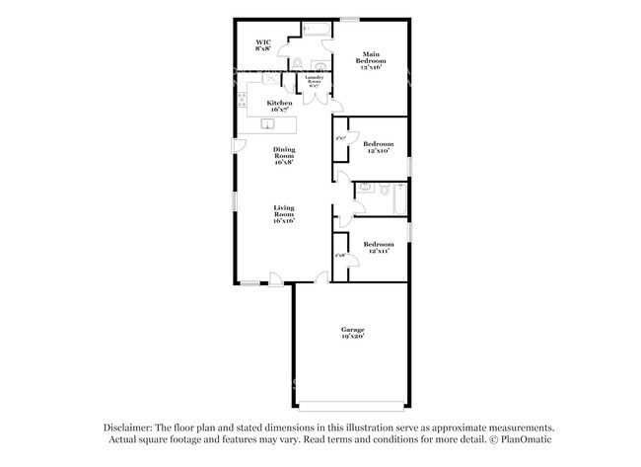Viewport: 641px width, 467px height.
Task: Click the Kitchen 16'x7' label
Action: click(280, 107)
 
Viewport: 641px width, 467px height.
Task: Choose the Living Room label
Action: click(284, 214)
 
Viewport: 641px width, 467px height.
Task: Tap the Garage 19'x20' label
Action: click(353, 333)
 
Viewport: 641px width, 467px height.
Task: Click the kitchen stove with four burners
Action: click(242, 99)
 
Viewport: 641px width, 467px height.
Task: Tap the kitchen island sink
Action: click(267, 123)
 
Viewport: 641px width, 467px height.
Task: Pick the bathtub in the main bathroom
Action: click(318, 29)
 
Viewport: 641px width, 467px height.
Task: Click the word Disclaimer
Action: click(131, 428)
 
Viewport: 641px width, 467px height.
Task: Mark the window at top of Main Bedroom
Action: click(350, 18)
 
